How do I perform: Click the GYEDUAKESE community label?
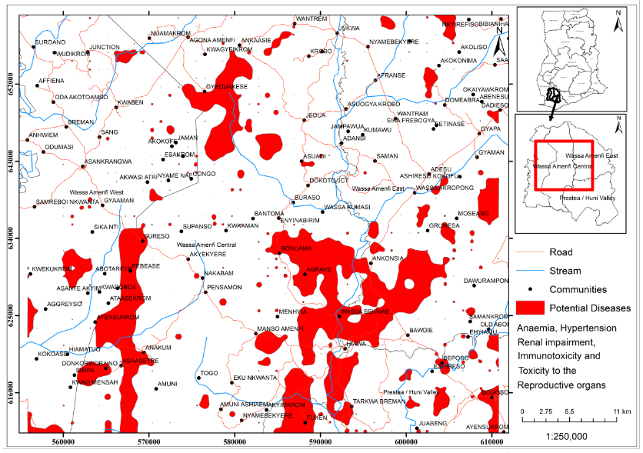click(226, 87)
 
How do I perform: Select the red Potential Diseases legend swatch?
click(530, 308)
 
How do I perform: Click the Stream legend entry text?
click(565, 271)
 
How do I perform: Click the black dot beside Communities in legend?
click(530, 289)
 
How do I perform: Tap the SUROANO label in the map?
click(51, 42)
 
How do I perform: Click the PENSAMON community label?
click(225, 287)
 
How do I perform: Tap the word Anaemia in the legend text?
click(537, 328)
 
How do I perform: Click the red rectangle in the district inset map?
click(565, 165)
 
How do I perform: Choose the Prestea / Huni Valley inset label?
click(581, 198)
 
